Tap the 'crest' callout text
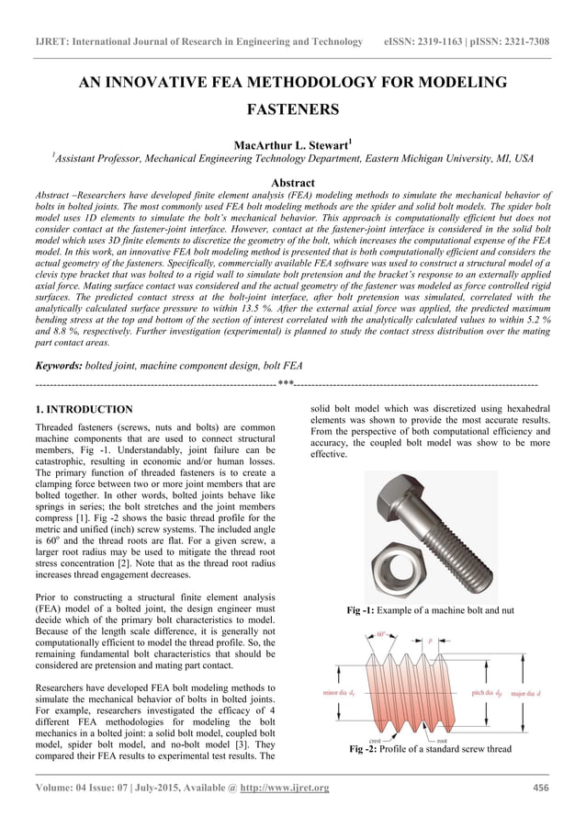(376, 739)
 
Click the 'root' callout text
(442, 739)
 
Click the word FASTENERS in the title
(293, 110)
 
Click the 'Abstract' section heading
(293, 183)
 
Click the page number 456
(542, 788)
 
